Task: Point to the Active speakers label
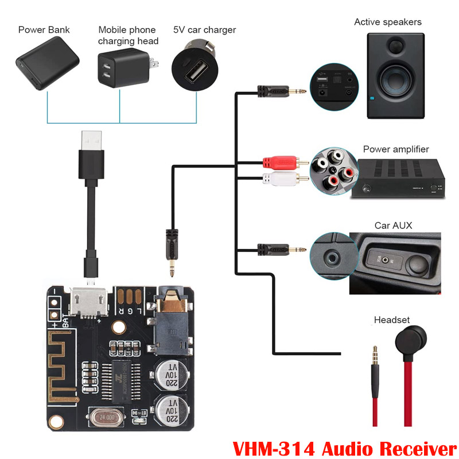(387, 22)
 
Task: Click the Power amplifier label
(395, 150)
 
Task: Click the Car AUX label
(393, 225)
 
